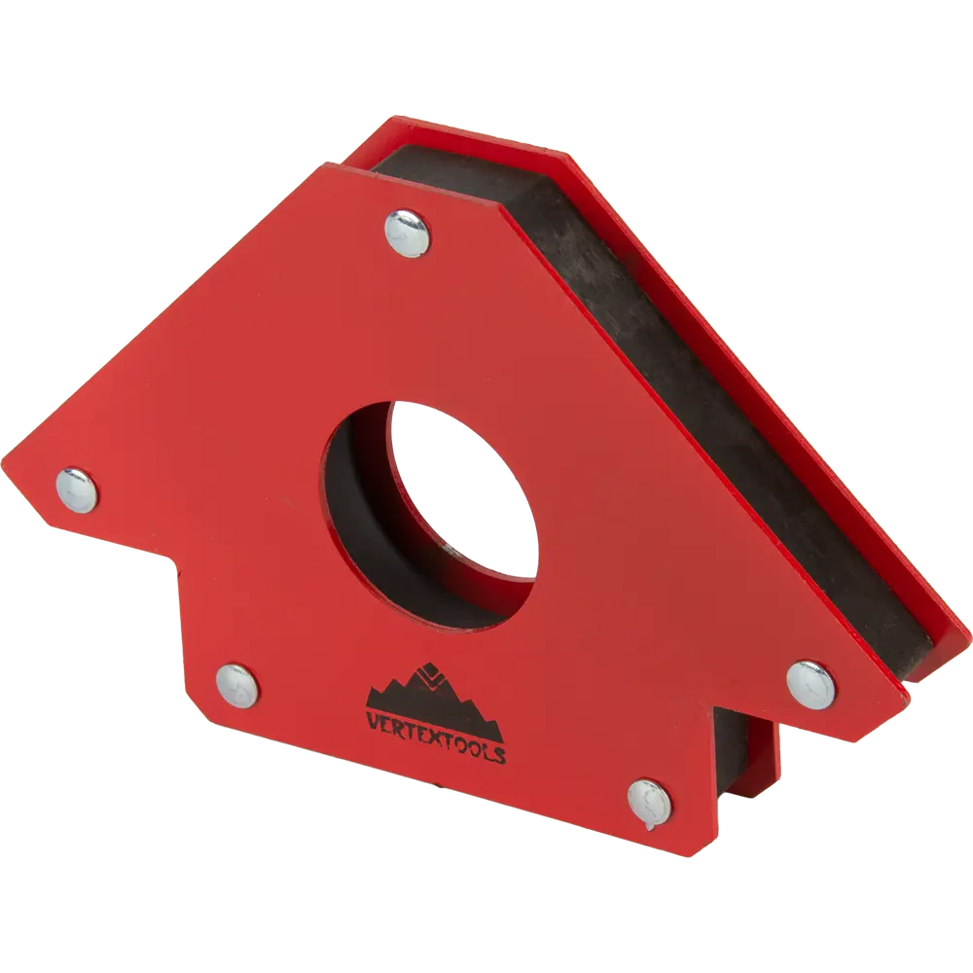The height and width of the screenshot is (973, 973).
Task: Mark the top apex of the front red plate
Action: (x=321, y=163)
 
